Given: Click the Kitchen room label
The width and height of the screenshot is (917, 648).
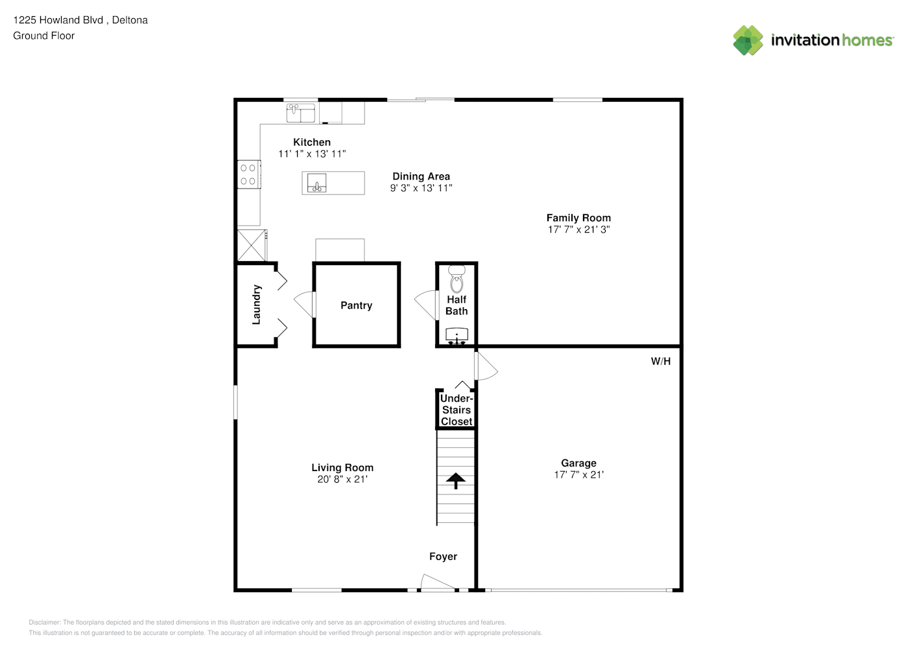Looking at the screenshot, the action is [x=311, y=143].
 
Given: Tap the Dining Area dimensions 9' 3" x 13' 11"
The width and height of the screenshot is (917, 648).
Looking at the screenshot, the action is [x=421, y=188].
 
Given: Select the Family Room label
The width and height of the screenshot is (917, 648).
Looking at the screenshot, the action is [x=578, y=218].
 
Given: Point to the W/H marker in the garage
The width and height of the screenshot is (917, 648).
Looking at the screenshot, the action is [x=661, y=361].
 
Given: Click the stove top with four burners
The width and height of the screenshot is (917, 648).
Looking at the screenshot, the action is [x=248, y=175].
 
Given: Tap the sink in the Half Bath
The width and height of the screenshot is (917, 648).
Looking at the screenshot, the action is [x=457, y=336].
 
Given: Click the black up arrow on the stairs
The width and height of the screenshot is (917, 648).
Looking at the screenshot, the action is [x=456, y=481].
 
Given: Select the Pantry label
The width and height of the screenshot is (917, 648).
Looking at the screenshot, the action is [x=356, y=306].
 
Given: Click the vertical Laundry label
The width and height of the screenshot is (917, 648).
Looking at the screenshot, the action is [x=256, y=305].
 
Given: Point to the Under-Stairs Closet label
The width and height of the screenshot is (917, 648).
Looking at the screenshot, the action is [x=457, y=410].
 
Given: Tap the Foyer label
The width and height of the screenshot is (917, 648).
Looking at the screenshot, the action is [x=443, y=557].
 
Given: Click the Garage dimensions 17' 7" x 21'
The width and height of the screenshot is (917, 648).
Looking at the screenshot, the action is [x=579, y=475].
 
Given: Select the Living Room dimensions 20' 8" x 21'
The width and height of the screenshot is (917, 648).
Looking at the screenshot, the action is [x=342, y=480].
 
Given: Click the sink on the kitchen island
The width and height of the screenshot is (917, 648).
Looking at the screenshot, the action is [x=317, y=183].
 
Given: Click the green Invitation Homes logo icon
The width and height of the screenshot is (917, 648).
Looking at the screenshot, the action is [x=748, y=40].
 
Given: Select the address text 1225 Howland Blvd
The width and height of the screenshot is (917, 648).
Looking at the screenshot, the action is [x=58, y=20].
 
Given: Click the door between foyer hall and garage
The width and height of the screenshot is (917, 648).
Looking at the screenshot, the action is [x=486, y=365].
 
